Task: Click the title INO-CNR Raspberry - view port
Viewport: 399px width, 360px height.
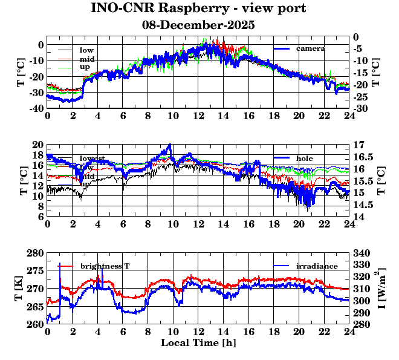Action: pos(198,8)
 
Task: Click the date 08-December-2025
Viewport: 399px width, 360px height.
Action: pos(198,25)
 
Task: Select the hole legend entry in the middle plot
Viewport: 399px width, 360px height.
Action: pos(304,158)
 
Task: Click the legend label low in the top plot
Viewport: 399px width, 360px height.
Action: pos(86,49)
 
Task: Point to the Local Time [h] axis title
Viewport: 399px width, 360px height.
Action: pos(198,343)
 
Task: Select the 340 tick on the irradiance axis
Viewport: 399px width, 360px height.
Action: pos(361,253)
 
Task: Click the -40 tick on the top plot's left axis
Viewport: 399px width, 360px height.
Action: pos(34,108)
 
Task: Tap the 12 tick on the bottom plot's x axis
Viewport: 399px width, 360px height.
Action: pos(198,332)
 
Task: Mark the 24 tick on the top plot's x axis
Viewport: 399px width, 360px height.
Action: pos(349,116)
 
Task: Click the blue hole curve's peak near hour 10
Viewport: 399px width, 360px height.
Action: pos(170,145)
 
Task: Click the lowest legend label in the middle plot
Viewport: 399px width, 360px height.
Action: pos(92,159)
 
